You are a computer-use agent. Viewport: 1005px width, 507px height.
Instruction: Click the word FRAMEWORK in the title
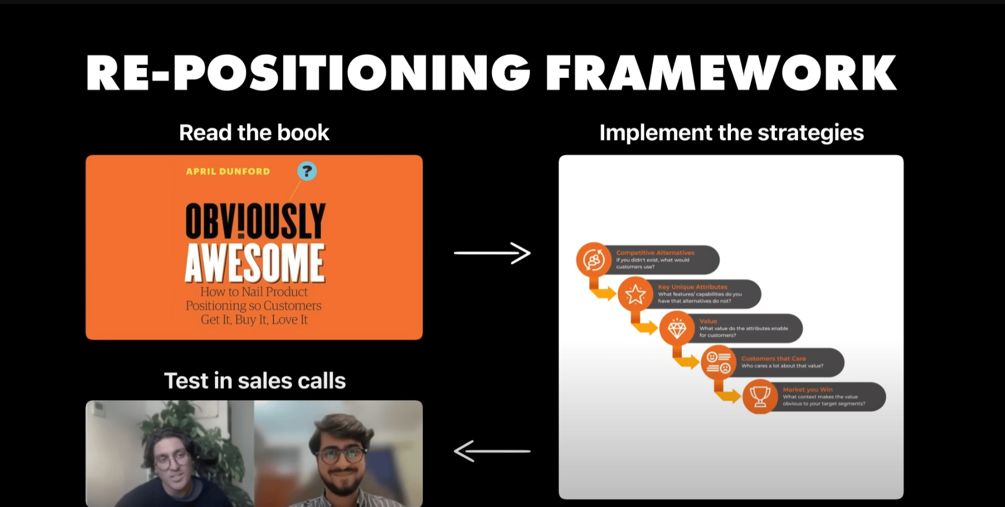(721, 73)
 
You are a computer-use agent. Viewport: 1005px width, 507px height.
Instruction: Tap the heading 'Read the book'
(254, 133)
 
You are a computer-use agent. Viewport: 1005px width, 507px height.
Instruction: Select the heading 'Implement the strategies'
(731, 133)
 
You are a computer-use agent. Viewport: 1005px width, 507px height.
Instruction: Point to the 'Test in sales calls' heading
(254, 381)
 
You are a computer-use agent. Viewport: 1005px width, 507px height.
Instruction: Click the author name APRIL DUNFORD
(228, 172)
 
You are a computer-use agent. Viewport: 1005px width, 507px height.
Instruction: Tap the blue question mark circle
(307, 171)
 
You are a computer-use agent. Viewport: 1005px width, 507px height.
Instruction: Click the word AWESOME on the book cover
(255, 263)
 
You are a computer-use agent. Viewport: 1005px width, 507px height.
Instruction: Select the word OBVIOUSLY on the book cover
(255, 221)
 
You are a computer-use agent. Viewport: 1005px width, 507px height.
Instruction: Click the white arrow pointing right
(492, 253)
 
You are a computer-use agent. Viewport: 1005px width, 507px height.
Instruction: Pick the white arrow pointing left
(492, 451)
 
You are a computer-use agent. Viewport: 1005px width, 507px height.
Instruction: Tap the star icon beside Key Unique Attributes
(635, 294)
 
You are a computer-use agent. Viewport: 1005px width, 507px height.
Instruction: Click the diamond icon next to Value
(677, 329)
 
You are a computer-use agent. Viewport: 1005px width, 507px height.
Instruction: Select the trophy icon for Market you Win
(760, 397)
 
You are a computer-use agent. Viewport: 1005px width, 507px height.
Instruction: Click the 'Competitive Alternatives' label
(655, 253)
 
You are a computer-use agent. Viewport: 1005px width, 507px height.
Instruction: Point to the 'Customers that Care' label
(773, 359)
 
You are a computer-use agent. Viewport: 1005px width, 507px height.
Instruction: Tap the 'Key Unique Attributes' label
(693, 287)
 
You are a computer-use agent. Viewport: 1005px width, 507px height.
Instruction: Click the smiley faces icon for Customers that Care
(719, 363)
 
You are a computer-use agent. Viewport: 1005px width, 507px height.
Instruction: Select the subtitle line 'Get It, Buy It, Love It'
(254, 320)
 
